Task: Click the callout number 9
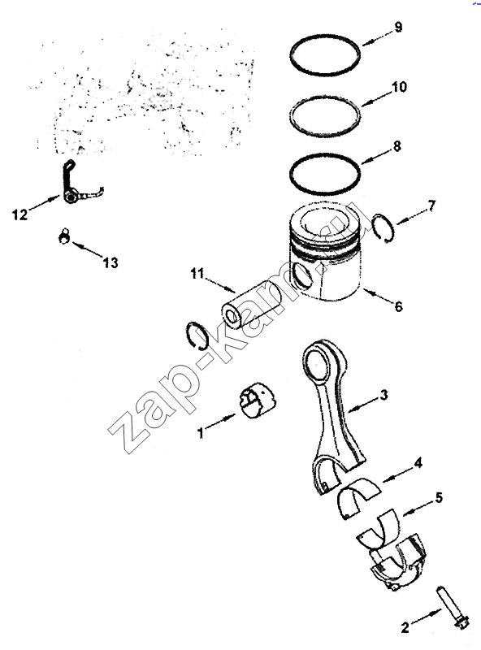tap(397, 28)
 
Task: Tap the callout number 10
tap(399, 87)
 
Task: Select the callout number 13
tap(110, 262)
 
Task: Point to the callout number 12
tap(19, 214)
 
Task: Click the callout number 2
tap(405, 627)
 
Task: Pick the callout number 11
tap(197, 274)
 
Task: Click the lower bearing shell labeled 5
tap(379, 526)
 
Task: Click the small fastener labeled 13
tap(64, 236)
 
